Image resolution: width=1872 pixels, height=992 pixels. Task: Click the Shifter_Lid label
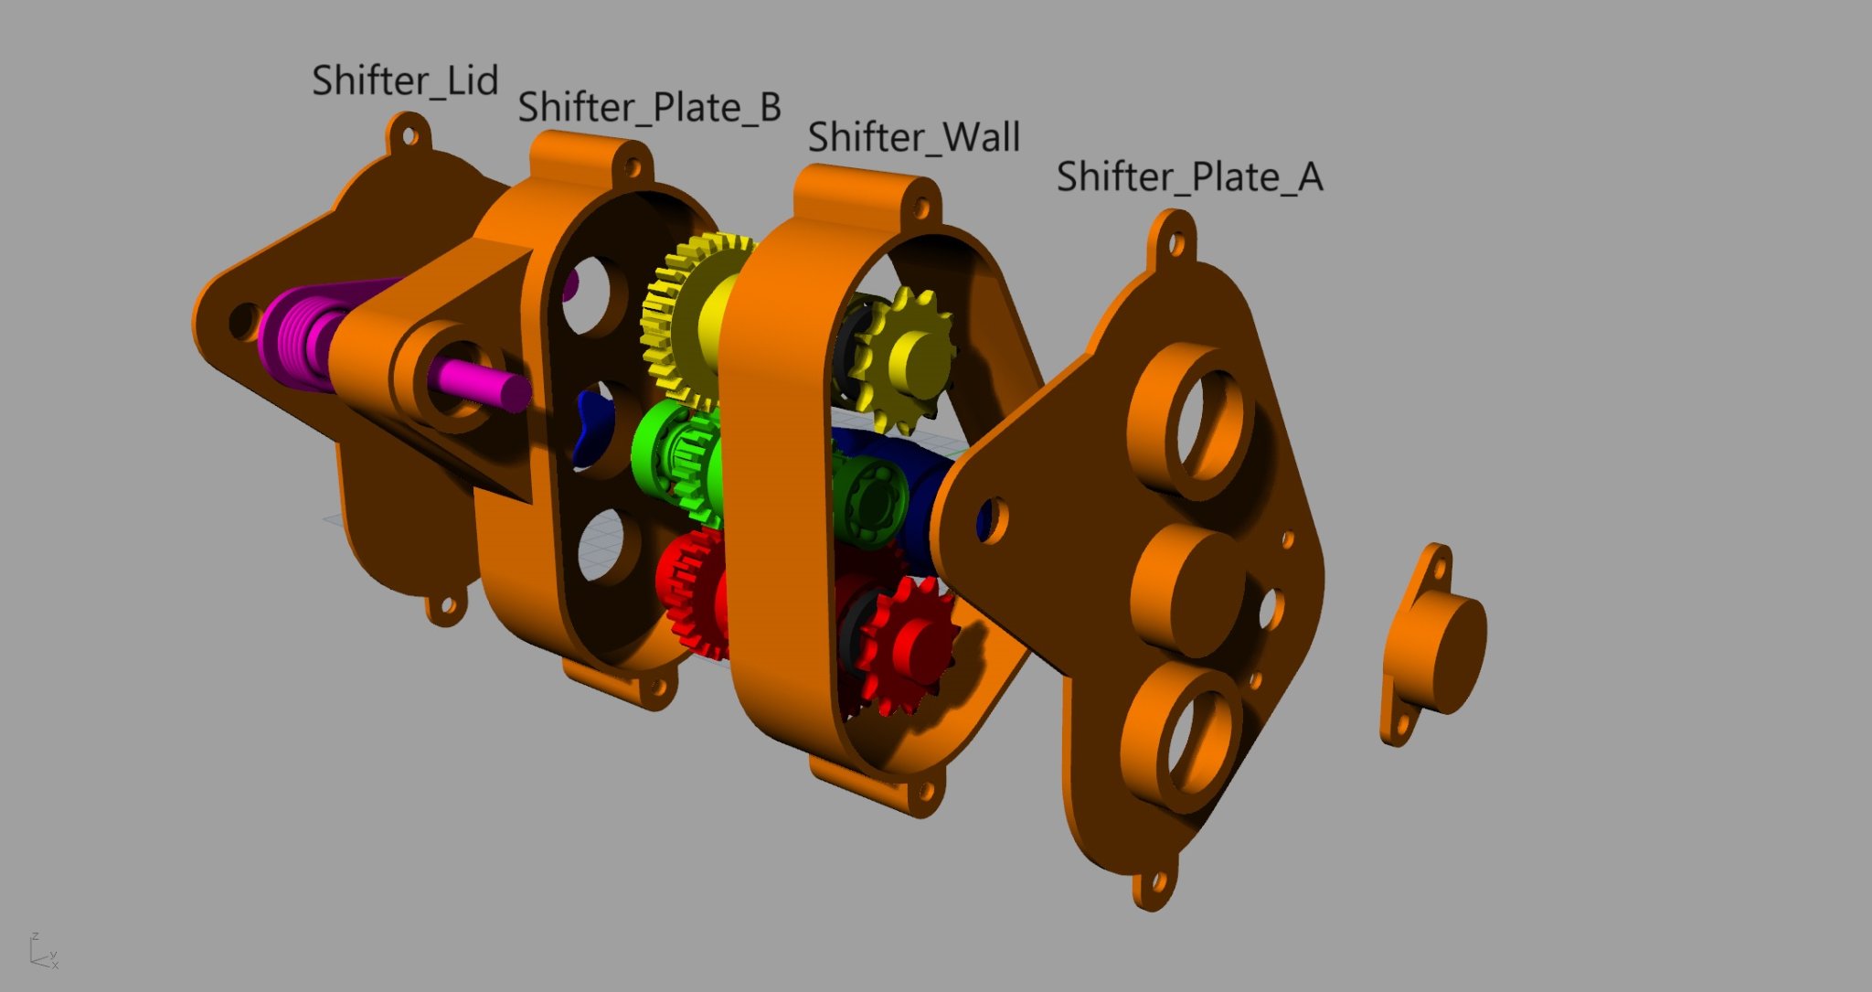405,81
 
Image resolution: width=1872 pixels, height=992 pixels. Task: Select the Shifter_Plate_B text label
650,108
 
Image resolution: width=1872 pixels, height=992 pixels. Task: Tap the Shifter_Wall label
913,137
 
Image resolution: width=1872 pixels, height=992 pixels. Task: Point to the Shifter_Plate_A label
1189,176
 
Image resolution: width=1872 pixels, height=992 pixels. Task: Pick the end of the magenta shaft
514,391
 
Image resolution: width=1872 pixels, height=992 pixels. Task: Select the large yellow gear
695,320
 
